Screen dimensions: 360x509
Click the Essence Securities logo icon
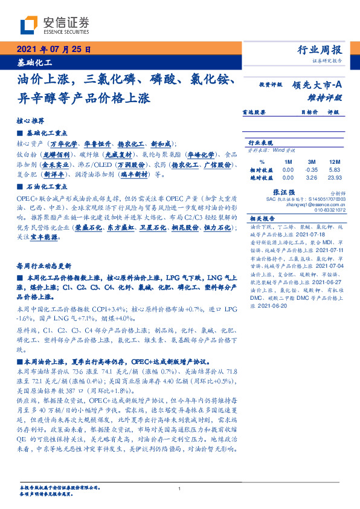(30, 25)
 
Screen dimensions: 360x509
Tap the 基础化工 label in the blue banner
(34, 62)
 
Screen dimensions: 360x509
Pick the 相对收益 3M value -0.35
(312, 170)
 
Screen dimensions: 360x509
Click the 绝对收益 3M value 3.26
(312, 178)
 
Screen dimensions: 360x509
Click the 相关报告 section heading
(262, 218)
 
